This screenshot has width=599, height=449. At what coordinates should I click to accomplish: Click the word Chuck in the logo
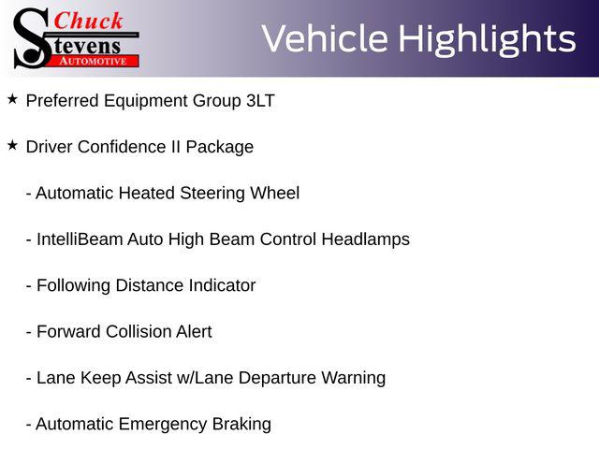(x=88, y=21)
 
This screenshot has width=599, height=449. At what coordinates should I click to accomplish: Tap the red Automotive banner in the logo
(x=94, y=62)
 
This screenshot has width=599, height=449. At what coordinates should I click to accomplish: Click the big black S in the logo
(x=32, y=38)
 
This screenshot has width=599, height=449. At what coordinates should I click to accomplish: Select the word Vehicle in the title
(x=325, y=38)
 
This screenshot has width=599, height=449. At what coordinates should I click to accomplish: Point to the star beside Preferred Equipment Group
(x=12, y=99)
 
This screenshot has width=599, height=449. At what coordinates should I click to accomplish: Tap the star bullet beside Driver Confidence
(x=12, y=145)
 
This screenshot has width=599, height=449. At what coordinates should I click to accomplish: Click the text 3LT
(x=260, y=101)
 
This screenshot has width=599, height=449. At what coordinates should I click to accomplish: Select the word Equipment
(x=146, y=102)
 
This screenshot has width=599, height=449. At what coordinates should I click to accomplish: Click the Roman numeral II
(x=176, y=147)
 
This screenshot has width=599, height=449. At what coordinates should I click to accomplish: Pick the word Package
(x=220, y=148)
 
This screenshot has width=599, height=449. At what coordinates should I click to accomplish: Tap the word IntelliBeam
(x=80, y=239)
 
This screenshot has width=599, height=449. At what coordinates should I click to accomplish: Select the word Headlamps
(x=366, y=239)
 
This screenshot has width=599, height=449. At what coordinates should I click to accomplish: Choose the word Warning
(x=354, y=378)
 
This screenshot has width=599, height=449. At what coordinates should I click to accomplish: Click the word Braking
(x=241, y=425)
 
